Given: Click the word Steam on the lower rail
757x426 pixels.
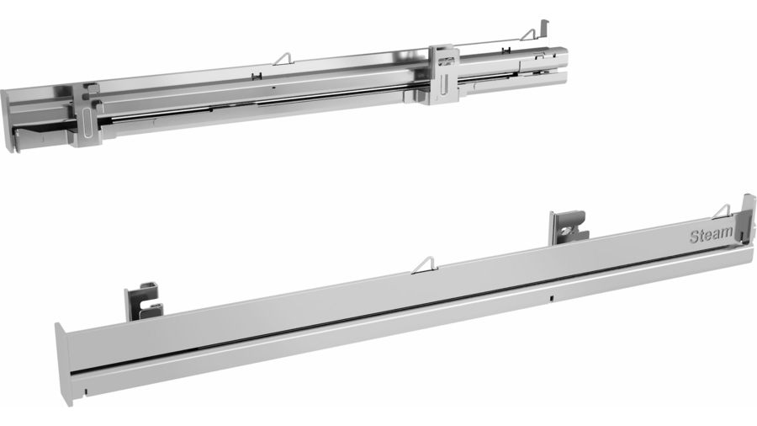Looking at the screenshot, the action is (711, 234).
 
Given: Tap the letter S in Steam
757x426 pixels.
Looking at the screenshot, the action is (695, 237).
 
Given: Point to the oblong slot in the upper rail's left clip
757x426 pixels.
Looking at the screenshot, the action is (87, 124).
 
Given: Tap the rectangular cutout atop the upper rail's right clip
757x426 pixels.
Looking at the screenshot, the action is (447, 61).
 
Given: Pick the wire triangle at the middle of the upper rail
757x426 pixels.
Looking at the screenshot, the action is (284, 58).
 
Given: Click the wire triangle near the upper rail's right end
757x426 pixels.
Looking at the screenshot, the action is (529, 35).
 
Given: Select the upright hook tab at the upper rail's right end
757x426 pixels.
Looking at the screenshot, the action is (544, 28).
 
